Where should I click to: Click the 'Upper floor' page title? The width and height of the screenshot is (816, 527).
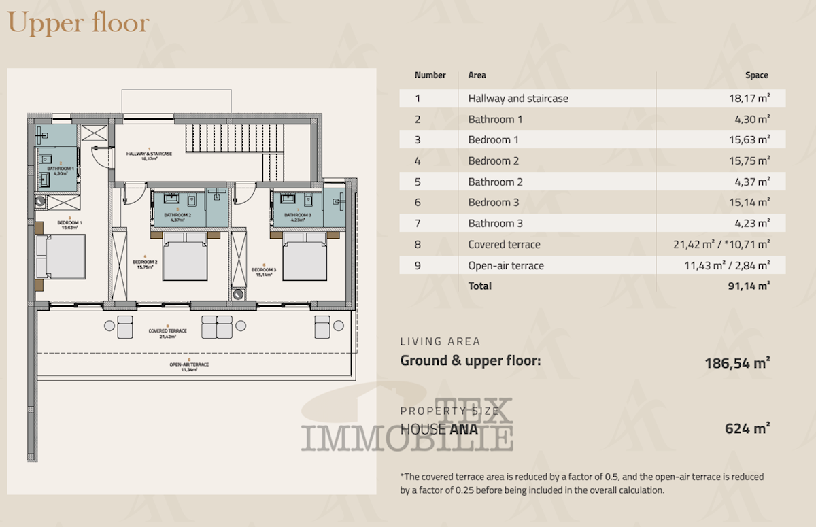pyautogui.click(x=78, y=23)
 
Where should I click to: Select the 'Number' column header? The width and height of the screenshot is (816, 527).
pyautogui.click(x=430, y=75)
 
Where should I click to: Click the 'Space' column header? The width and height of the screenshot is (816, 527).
pyautogui.click(x=756, y=75)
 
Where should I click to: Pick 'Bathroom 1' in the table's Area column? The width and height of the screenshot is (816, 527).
pyautogui.click(x=495, y=120)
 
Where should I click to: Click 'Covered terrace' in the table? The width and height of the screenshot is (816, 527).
pyautogui.click(x=504, y=245)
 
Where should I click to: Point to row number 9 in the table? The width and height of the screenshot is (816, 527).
pyautogui.click(x=418, y=266)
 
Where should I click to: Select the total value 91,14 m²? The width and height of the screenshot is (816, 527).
pyautogui.click(x=748, y=286)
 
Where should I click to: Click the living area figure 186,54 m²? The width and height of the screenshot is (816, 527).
pyautogui.click(x=737, y=363)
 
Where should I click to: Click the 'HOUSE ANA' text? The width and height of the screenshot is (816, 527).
pyautogui.click(x=440, y=429)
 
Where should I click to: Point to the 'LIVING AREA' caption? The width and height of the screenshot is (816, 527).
pyautogui.click(x=440, y=342)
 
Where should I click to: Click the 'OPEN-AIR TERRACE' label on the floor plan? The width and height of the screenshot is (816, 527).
pyautogui.click(x=189, y=366)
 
